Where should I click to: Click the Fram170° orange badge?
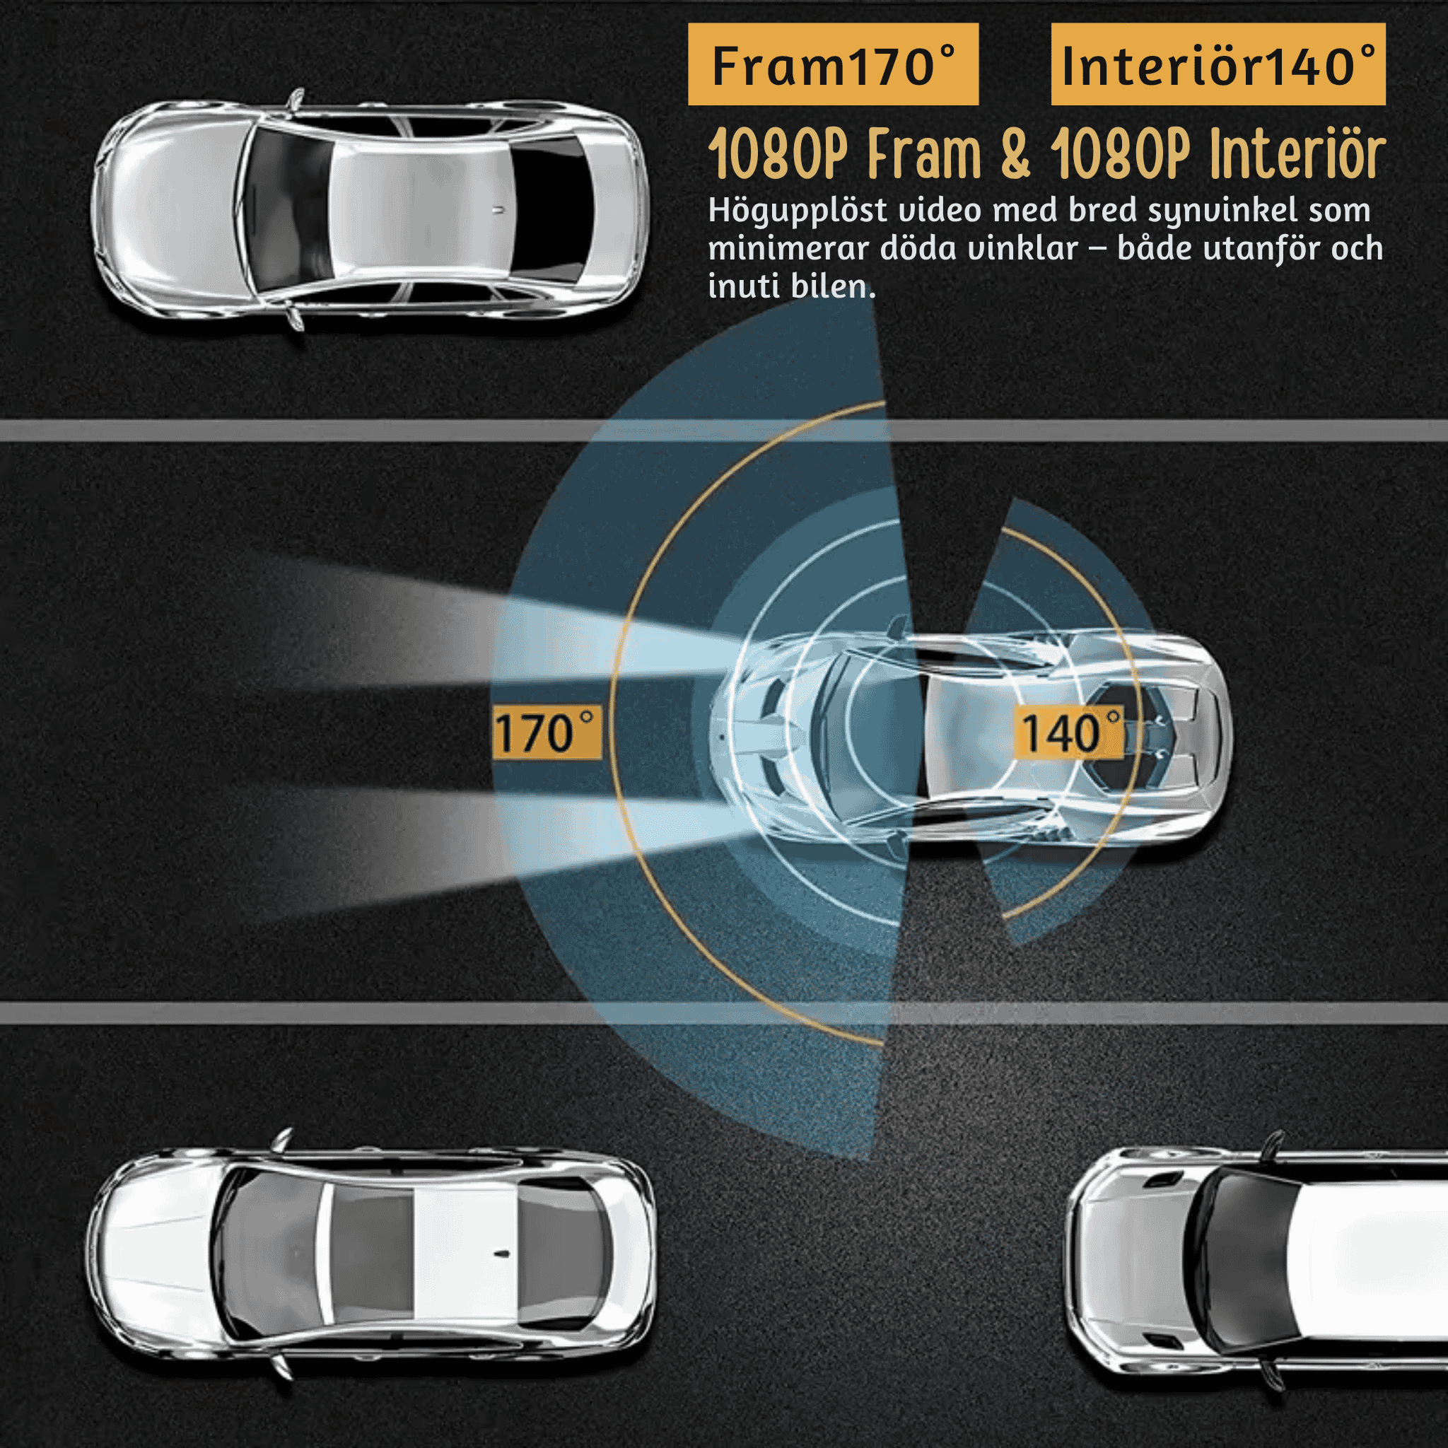pyautogui.click(x=833, y=64)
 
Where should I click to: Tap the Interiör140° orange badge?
pyautogui.click(x=1218, y=64)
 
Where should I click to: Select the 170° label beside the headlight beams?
pyautogui.click(x=547, y=732)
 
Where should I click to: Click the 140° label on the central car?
pyautogui.click(x=1069, y=732)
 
